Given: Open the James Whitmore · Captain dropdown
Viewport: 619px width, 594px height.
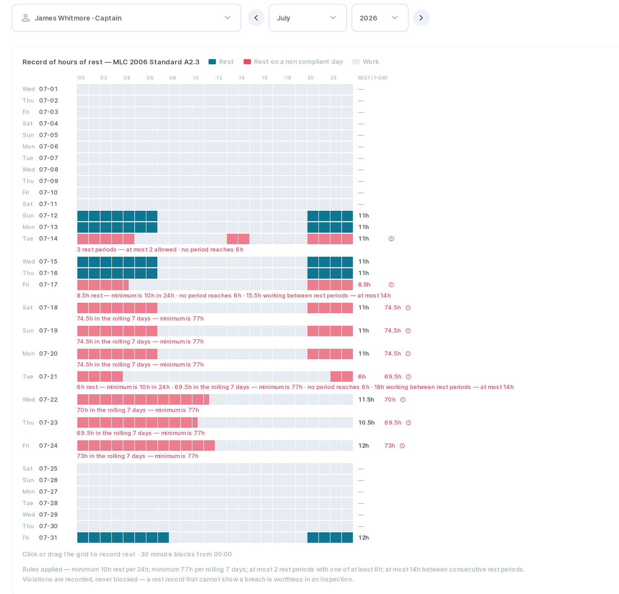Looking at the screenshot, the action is [x=127, y=18].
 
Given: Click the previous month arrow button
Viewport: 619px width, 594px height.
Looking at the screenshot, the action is [x=256, y=18].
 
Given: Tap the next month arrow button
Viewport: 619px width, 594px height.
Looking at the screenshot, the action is [x=421, y=18].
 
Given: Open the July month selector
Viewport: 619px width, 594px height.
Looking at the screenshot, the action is [x=308, y=18].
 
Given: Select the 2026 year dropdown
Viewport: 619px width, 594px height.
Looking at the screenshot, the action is [x=380, y=18].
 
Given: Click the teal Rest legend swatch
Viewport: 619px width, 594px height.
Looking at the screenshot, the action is [x=212, y=62].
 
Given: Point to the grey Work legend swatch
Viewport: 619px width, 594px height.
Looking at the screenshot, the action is [x=356, y=62].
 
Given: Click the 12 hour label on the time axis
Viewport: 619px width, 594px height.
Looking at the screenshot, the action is [x=219, y=78].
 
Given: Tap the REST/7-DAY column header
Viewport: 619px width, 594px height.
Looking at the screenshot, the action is [x=373, y=78].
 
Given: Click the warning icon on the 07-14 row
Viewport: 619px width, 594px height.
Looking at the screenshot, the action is [x=391, y=239].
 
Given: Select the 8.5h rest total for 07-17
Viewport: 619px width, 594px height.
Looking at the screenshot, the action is [x=364, y=285].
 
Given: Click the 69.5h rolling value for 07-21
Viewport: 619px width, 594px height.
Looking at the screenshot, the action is [x=393, y=377].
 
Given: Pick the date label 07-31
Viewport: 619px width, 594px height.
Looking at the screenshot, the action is [x=48, y=538].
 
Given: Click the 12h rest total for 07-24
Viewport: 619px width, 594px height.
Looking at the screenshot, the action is [x=363, y=446].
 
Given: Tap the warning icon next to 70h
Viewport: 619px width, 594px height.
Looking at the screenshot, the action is [x=403, y=400].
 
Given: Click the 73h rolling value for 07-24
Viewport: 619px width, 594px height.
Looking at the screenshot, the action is [x=390, y=446].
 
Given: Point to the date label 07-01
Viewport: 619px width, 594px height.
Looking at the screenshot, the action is [x=48, y=89].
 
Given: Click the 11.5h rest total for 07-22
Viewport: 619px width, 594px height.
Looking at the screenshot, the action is [x=366, y=400].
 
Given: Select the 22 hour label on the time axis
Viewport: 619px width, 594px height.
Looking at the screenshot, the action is [x=333, y=78].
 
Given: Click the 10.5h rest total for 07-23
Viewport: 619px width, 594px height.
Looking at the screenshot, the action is [x=366, y=423].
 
